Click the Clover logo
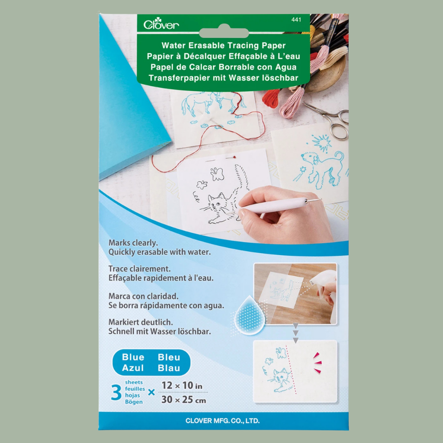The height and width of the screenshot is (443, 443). coord(161,25)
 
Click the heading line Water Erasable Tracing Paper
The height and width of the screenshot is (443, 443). coord(223,45)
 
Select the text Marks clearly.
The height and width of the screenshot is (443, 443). coord(134,243)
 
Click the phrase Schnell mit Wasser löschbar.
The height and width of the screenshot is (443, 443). coord(159,331)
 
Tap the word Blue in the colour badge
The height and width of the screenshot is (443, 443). coord(133,357)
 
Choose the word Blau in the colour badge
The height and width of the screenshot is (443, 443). coord(169,368)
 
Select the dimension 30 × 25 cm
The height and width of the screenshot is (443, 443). coord(183,400)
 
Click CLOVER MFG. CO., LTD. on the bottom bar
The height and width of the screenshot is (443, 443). coord(223,421)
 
